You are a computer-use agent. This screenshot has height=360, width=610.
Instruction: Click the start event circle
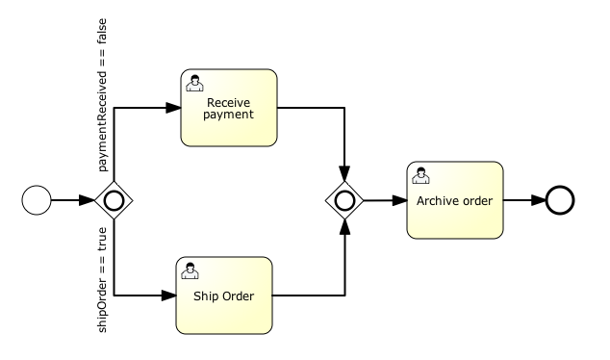(x=36, y=200)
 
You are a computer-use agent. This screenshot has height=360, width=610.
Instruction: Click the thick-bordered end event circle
(x=560, y=200)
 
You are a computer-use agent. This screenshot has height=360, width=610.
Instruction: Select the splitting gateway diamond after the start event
(x=114, y=200)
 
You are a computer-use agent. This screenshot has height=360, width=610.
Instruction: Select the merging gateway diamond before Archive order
(x=343, y=200)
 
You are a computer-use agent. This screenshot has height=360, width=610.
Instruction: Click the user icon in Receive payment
(x=193, y=81)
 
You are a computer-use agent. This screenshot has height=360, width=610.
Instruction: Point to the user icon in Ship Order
(x=191, y=269)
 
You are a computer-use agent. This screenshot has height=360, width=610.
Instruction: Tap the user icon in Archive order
(x=419, y=174)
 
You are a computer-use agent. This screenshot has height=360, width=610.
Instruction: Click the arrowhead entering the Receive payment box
(x=175, y=107)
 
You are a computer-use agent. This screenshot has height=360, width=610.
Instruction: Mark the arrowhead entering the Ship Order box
(x=169, y=295)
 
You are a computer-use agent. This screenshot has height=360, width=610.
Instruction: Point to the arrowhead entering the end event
(x=539, y=200)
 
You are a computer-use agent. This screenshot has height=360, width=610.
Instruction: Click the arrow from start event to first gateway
(x=73, y=200)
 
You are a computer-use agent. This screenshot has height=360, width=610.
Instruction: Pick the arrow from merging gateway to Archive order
(x=384, y=200)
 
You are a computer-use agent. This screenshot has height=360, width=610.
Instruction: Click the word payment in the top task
(x=229, y=115)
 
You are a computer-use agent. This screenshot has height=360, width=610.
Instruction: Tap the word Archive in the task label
(x=438, y=201)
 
